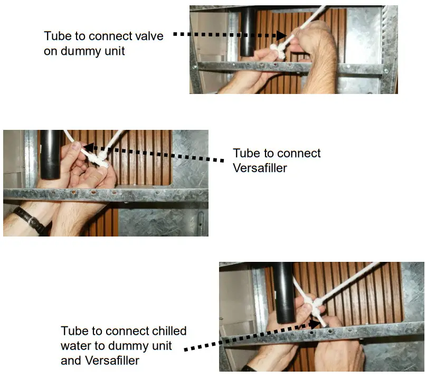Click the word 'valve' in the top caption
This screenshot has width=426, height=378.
click(x=149, y=36)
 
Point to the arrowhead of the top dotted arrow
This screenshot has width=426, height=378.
click(x=281, y=36)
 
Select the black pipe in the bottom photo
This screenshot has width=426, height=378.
click(x=283, y=296)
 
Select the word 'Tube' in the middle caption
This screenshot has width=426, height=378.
click(x=246, y=154)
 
